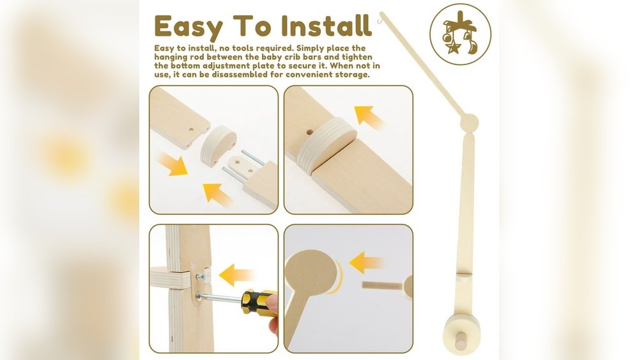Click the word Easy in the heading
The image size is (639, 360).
tap(189, 27)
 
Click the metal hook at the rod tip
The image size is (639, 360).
tap(381, 15)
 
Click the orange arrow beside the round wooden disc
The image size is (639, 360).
tap(366, 262)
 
